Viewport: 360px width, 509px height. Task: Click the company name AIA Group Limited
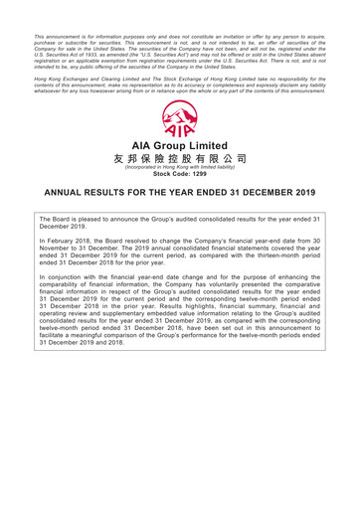[180, 147]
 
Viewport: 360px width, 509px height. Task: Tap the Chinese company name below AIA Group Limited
[180, 159]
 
